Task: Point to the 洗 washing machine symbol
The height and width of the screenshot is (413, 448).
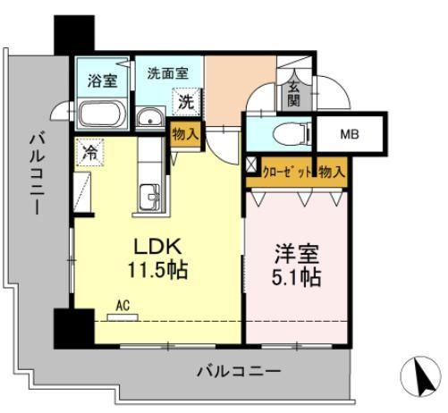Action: tap(185, 102)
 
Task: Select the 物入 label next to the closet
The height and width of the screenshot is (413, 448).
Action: tap(332, 170)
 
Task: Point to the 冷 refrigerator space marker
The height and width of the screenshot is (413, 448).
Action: tap(89, 153)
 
